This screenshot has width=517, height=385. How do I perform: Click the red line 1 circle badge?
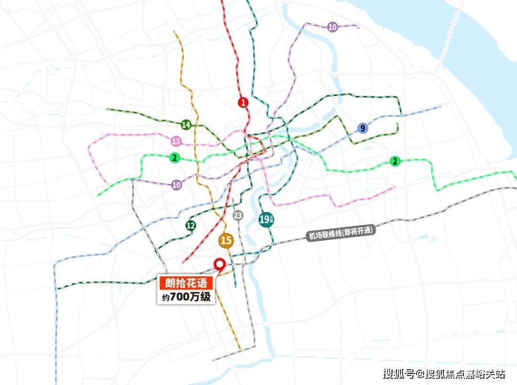243,102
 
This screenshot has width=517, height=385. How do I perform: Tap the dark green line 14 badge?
186,125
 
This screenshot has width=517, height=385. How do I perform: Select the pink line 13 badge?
176,141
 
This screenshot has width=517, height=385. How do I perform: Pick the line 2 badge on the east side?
395,161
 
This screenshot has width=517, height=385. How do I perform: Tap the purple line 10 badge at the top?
332,27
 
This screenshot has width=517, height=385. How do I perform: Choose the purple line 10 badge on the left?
177,184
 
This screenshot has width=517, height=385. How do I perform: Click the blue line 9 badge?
363,128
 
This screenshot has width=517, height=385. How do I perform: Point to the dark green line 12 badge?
191,226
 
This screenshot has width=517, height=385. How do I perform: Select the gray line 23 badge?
238,215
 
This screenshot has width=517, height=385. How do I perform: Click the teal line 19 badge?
266,220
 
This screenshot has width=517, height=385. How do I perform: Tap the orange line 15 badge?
225,241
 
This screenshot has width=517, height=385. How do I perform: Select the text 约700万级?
185,297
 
